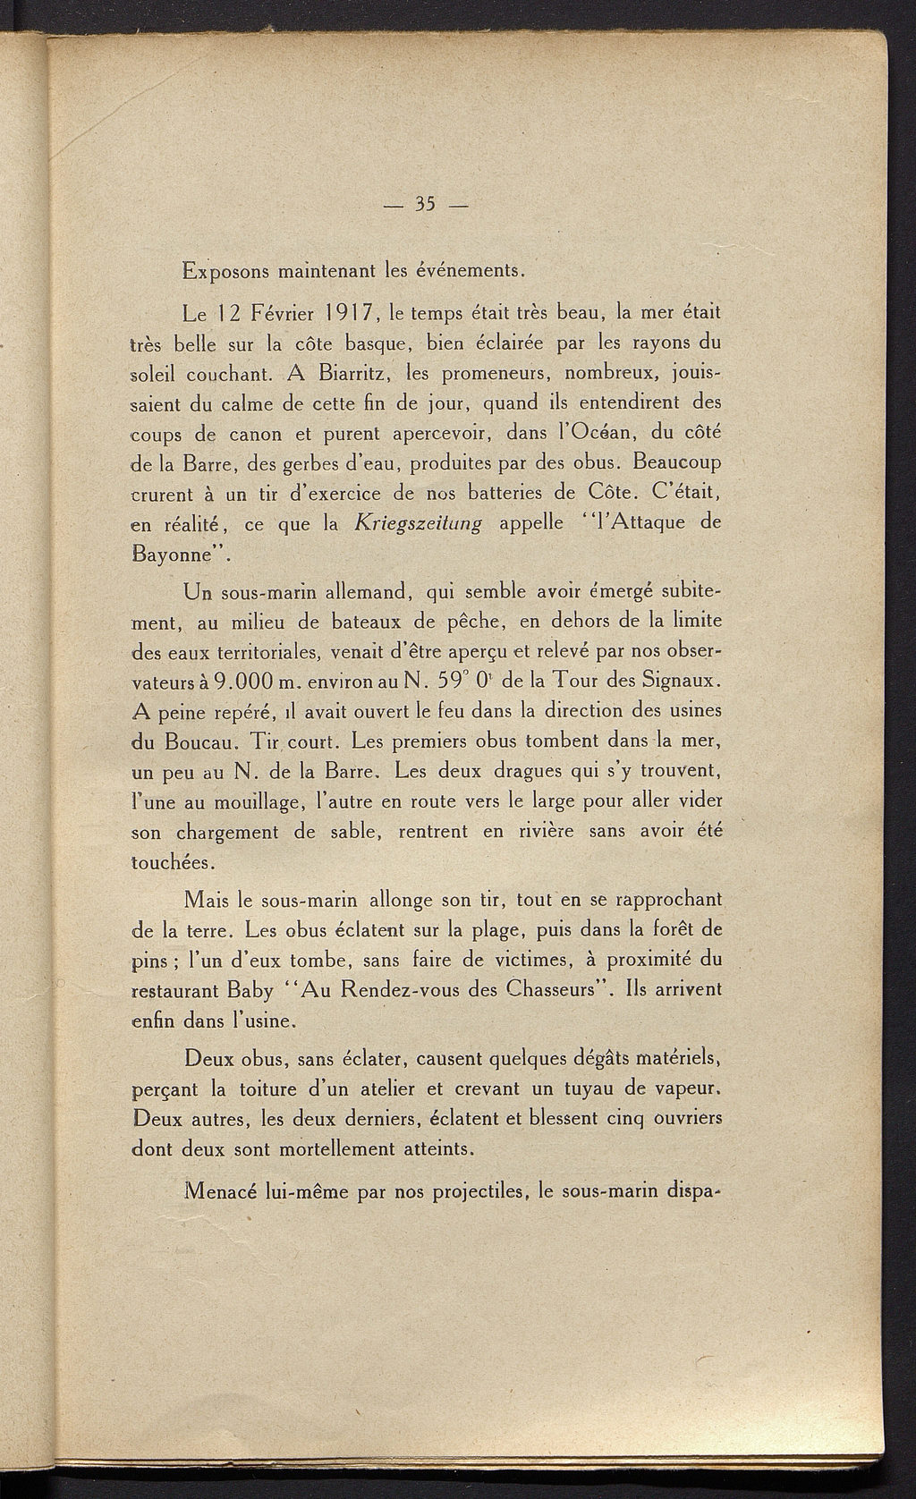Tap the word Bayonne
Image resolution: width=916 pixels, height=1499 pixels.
[x=174, y=555]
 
